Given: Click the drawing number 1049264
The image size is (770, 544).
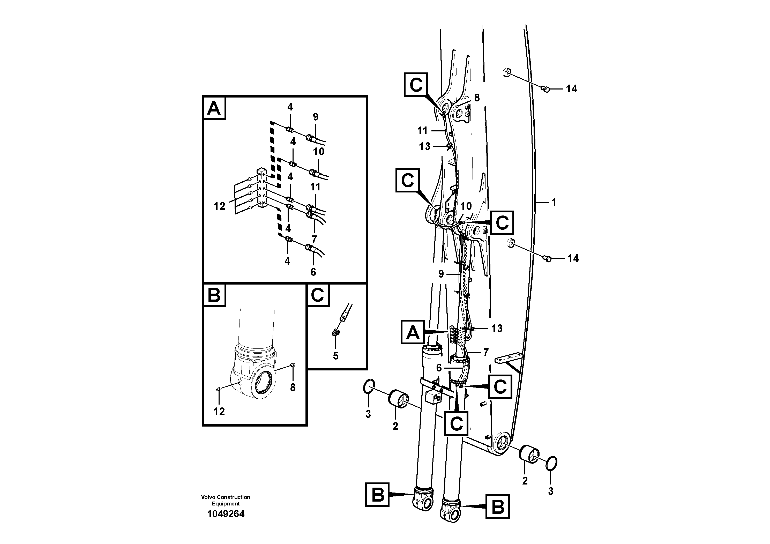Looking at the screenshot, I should pos(226,513).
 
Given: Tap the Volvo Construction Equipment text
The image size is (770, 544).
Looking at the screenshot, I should pos(226,500).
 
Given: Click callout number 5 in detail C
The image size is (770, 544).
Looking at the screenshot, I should pos(336,356).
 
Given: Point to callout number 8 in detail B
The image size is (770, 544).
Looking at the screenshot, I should pos(293,387).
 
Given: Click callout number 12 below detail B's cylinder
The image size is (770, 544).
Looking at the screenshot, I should pos(219,412).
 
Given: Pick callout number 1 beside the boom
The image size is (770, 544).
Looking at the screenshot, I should pos(554,202).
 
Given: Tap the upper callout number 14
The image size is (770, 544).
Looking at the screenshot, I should pos(572,89).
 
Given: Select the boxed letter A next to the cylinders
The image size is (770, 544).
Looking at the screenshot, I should pos(413,332).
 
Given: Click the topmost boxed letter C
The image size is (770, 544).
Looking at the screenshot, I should pos(416,85).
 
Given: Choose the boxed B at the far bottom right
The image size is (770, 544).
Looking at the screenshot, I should pos(497,506).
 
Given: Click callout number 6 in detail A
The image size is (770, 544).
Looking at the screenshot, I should pos(313,272).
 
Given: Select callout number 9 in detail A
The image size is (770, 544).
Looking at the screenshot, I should pos(315,117).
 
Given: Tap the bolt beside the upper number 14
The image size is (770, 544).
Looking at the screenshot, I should pos(546,89).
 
